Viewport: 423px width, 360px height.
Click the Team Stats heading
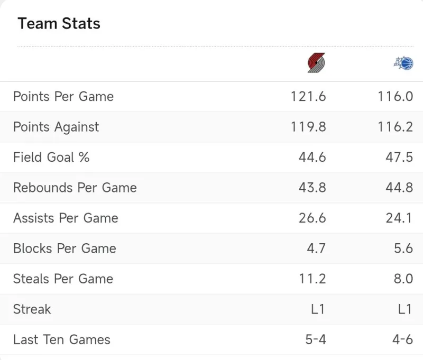pos(59,24)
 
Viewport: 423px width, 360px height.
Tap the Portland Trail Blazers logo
pos(316,63)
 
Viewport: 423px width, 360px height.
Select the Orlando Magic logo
pos(403,63)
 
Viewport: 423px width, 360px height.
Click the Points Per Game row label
pos(63,97)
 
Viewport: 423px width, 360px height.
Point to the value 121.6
pos(308,97)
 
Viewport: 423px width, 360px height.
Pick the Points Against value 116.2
pos(395,127)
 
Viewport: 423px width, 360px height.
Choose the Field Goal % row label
pos(51,158)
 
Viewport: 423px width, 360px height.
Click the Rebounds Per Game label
pos(75,188)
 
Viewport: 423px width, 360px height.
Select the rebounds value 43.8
pos(312,188)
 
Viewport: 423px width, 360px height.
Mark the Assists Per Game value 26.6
pos(312,218)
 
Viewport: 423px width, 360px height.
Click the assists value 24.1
pos(399,218)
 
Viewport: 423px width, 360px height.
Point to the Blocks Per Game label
pos(65,248)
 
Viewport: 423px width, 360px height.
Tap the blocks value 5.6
pos(403,248)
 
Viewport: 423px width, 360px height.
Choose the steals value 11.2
pos(312,279)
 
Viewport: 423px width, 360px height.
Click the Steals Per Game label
pos(63,279)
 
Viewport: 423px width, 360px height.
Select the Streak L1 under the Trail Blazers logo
pos(318,309)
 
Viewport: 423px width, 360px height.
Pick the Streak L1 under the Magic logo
pos(404,309)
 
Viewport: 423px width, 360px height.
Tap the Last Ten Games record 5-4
pos(316,339)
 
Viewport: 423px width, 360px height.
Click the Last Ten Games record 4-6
pos(402,339)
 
